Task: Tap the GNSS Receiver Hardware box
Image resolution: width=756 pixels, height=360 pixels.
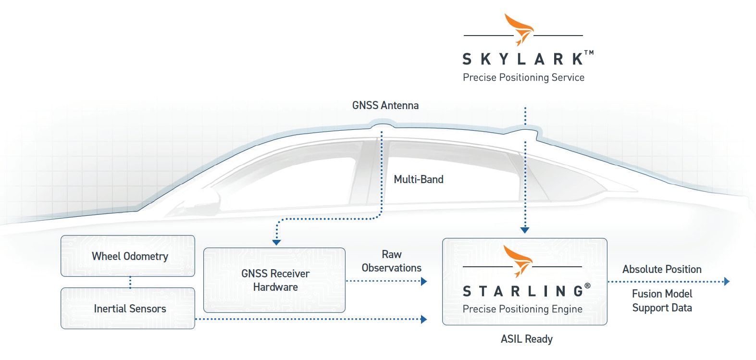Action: pos(274,280)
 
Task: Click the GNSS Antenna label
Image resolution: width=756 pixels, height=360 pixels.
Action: pos(385,105)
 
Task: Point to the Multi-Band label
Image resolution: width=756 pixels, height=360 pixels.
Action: pos(418,179)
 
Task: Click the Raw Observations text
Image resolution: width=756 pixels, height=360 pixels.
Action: pos(391,261)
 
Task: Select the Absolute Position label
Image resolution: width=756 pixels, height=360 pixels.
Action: pos(662,269)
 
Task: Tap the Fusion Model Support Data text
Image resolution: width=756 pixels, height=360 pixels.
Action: pos(662,300)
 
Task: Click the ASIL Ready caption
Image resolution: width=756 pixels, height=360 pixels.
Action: pos(526,339)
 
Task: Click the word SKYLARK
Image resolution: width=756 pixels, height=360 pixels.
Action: pos(523,59)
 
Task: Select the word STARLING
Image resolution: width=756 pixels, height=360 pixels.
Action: pos(523,291)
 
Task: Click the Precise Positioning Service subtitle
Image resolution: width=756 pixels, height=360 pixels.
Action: pos(523,77)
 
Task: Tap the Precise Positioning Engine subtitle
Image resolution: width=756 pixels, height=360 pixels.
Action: pos(522,309)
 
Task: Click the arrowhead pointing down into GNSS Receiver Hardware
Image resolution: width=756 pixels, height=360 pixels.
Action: pos(276,242)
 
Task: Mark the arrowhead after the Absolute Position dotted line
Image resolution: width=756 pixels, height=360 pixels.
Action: pos(727,282)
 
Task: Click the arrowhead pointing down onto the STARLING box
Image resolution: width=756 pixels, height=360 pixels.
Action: pos(525,230)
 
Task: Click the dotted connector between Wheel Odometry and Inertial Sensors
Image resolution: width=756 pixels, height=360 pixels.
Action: pos(130,282)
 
